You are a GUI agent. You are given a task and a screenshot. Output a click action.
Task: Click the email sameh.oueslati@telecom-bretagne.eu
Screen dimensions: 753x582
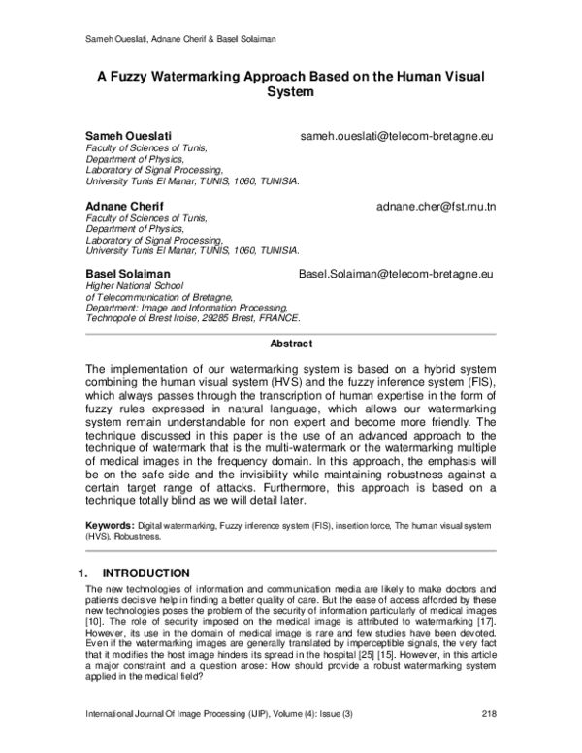click(x=398, y=138)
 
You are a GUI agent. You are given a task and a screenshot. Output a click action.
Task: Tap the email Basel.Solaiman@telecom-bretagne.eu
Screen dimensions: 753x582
click(x=397, y=277)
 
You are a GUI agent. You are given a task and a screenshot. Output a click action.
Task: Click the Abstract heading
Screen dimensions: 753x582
click(x=291, y=344)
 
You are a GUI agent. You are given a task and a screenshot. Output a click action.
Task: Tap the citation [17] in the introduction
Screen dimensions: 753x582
click(x=485, y=629)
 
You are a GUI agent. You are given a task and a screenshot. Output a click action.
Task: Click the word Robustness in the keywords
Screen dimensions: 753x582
click(x=138, y=535)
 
